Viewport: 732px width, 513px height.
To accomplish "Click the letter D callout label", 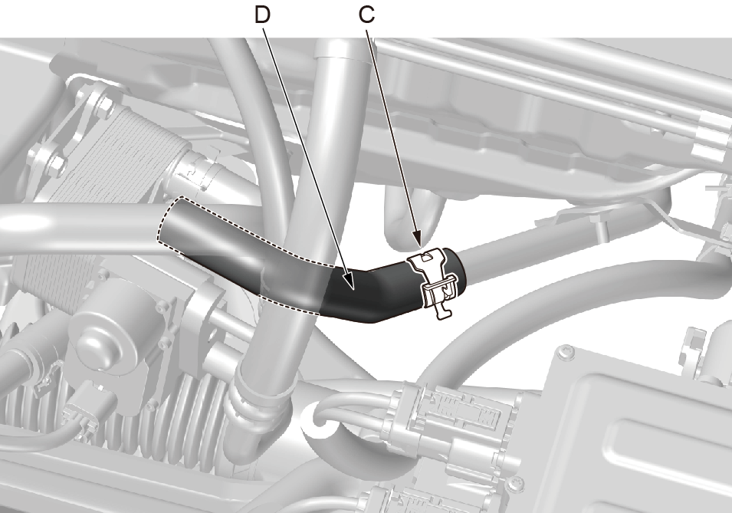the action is click(x=262, y=15).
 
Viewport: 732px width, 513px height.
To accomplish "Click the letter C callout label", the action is click(x=367, y=15).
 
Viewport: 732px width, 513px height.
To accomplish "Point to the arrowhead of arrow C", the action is click(x=417, y=238).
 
